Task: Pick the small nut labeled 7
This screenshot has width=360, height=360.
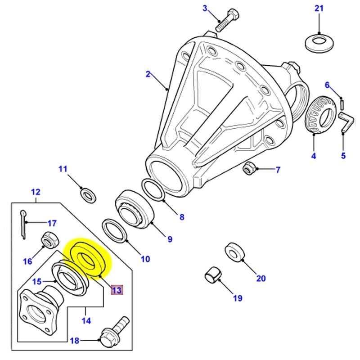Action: pyautogui.click(x=248, y=168)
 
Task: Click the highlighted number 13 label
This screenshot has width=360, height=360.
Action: pyautogui.click(x=117, y=290)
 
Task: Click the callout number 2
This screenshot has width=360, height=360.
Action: pyautogui.click(x=148, y=74)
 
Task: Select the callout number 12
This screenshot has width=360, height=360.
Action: pyautogui.click(x=36, y=192)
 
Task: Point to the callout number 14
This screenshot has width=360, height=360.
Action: pyautogui.click(x=86, y=321)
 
